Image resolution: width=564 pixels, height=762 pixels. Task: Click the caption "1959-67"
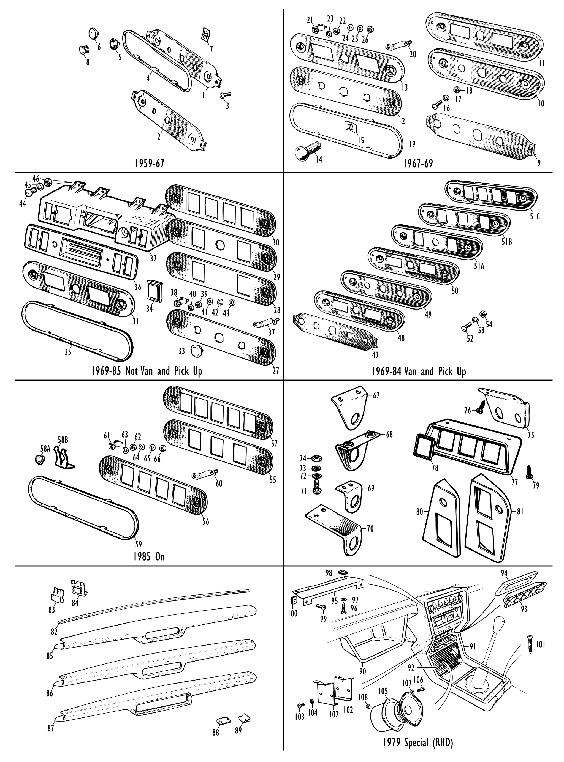pos(149,163)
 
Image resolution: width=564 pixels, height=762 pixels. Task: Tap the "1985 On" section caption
pos(149,556)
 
